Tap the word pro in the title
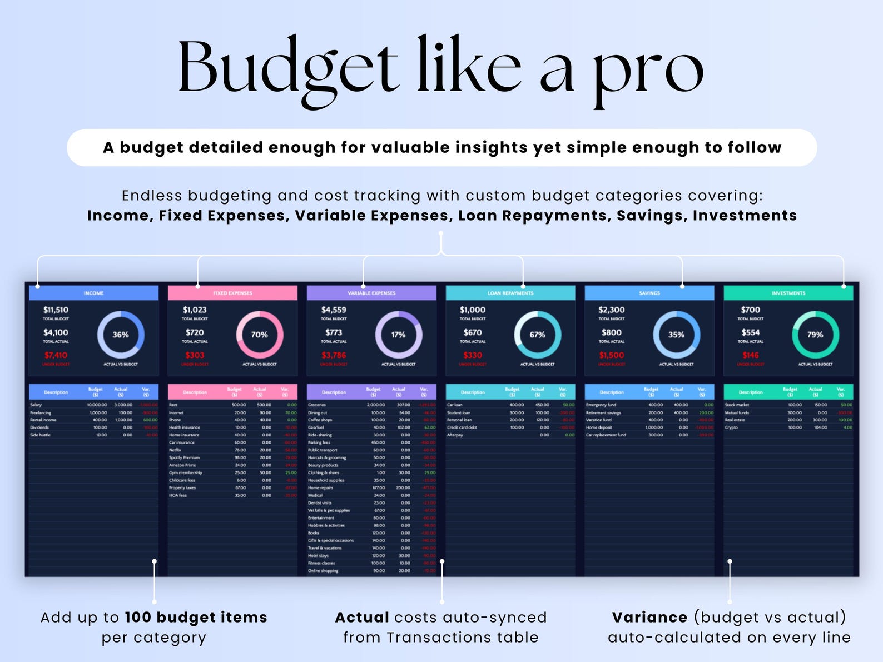[648, 72]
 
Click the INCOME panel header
[93, 293]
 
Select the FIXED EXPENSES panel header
[232, 293]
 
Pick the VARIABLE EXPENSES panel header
[371, 293]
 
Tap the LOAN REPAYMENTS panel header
[510, 293]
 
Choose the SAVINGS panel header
[649, 293]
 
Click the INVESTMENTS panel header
[788, 293]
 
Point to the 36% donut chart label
[121, 335]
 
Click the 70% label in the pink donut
[260, 335]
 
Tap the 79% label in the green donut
[815, 335]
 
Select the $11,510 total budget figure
[56, 310]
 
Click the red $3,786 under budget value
[334, 355]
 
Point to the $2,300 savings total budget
[612, 310]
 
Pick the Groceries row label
[317, 405]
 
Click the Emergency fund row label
[601, 405]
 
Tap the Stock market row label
[737, 405]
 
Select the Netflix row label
[175, 450]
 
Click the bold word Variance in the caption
[649, 617]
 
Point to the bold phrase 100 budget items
[196, 617]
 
